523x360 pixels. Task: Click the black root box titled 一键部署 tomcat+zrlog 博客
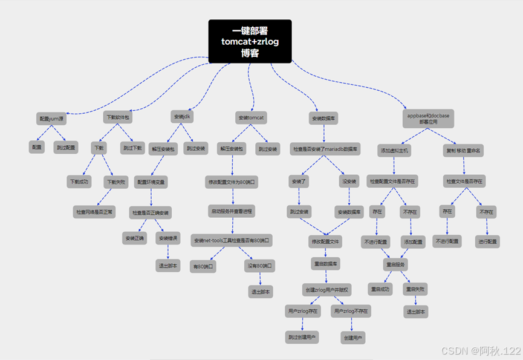[x=250, y=41]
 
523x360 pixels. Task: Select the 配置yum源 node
[x=51, y=119]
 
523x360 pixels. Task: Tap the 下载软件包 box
[x=117, y=117]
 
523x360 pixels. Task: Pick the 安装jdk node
[x=182, y=116]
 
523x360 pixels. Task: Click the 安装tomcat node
[x=251, y=117]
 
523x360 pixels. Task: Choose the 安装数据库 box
[x=323, y=117]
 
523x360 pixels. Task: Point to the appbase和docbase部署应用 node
[x=428, y=117]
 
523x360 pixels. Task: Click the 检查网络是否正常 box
[x=94, y=212]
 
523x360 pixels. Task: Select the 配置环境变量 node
[x=151, y=181]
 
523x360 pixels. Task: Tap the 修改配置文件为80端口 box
[x=232, y=181]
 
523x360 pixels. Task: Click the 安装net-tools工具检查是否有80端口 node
[x=232, y=240]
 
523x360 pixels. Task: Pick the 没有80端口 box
[x=260, y=266]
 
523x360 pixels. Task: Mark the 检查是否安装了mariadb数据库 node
[x=325, y=148]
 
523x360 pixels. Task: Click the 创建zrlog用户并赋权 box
[x=326, y=289]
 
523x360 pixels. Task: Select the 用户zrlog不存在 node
[x=351, y=310]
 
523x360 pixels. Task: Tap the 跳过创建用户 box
[x=302, y=336]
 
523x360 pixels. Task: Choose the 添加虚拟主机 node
[x=395, y=150]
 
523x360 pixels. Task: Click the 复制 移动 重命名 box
[x=464, y=150]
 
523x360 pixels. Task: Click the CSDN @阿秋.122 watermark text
[x=481, y=351]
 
